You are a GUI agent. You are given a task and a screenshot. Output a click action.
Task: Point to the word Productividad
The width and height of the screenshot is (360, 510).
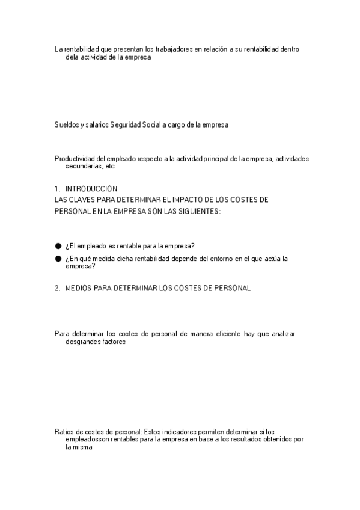pyautogui.click(x=75, y=159)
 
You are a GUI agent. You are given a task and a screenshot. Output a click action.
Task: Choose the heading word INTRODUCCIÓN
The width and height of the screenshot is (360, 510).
pyautogui.click(x=91, y=188)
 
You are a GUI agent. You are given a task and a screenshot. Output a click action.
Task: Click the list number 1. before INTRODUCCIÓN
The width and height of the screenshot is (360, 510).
pyautogui.click(x=57, y=188)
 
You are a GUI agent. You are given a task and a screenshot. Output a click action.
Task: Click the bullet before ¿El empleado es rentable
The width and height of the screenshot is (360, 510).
pyautogui.click(x=58, y=246)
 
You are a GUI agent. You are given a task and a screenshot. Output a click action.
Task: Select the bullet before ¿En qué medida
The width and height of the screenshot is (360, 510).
pyautogui.click(x=58, y=259)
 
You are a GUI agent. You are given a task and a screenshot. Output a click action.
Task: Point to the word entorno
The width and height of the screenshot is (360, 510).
pyautogui.click(x=217, y=259)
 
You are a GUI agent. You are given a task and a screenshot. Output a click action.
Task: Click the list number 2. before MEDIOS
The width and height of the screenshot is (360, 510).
pyautogui.click(x=57, y=289)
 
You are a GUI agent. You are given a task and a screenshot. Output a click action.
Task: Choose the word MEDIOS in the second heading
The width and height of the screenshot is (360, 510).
pyautogui.click(x=78, y=289)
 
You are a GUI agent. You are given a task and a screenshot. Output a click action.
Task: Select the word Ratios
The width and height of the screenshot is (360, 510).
pyautogui.click(x=64, y=431)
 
